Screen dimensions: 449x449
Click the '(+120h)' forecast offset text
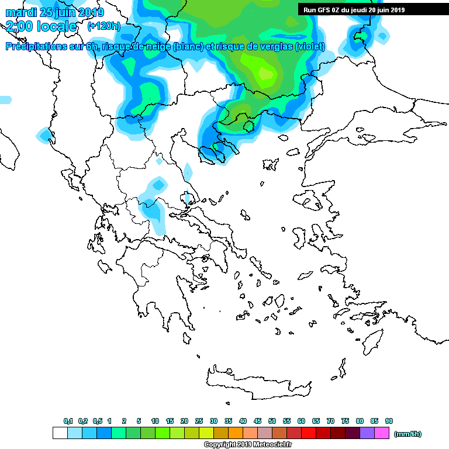click(x=103, y=26)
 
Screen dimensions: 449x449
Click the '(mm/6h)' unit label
click(x=407, y=434)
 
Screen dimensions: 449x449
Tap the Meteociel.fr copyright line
click(x=248, y=445)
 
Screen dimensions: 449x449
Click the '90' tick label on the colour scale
click(x=389, y=421)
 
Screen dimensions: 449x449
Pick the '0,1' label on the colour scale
click(x=68, y=421)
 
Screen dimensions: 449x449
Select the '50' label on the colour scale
click(x=272, y=421)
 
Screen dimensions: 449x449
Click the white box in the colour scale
click(x=60, y=433)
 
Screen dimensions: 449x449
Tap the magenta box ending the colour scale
click(x=382, y=433)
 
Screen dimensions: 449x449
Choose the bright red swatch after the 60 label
click(x=309, y=433)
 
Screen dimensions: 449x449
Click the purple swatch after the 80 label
click(x=367, y=433)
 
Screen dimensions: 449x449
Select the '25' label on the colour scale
click(x=199, y=421)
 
